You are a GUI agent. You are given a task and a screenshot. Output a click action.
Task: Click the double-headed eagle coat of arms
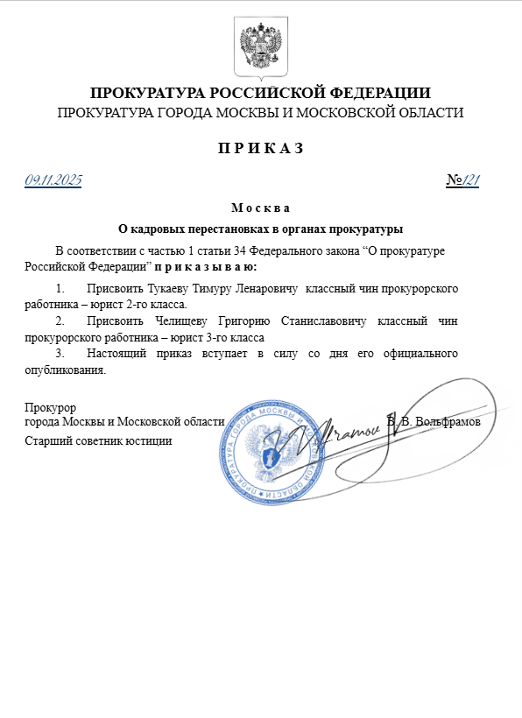[x=260, y=46]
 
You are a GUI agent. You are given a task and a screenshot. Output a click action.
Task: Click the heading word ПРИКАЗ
[x=260, y=148]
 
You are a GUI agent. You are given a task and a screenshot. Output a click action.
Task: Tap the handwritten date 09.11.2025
[x=53, y=180]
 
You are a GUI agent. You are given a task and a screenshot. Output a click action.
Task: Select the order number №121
[x=463, y=180]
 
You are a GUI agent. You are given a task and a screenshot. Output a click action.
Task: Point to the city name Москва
[x=260, y=208]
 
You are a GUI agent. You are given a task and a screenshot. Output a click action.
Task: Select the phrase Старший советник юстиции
[x=98, y=440]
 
